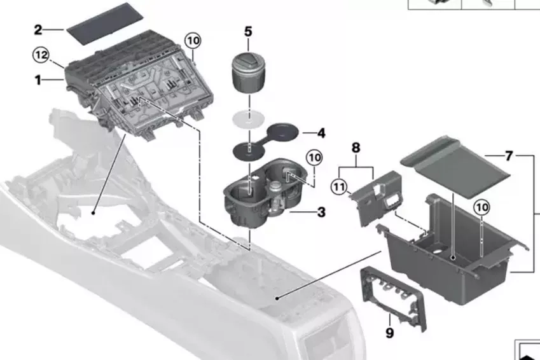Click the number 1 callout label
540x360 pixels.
[x=38, y=80]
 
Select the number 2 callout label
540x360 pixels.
[x=38, y=29]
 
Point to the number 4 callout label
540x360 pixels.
[x=321, y=133]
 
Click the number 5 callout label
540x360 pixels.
[x=248, y=31]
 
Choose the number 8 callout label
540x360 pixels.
[x=356, y=148]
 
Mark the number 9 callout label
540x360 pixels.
[x=390, y=332]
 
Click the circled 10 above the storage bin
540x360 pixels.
[x=481, y=207]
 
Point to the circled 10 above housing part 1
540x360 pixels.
[x=193, y=40]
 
